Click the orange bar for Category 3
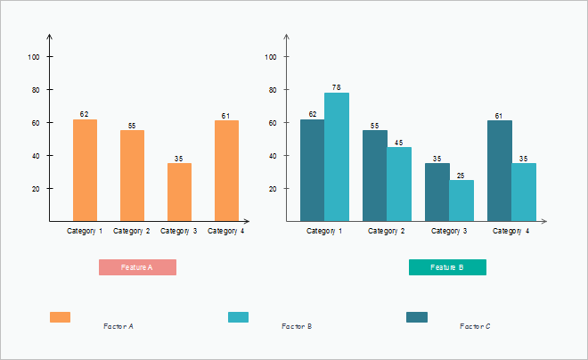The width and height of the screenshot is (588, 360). (179, 192)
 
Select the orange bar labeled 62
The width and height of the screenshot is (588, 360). (85, 170)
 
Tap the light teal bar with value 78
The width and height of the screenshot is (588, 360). (337, 157)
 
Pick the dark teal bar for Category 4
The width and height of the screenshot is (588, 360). (499, 170)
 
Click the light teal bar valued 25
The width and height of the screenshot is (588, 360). (461, 200)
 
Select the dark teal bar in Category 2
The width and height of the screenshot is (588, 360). (374, 176)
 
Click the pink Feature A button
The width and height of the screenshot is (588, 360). (137, 267)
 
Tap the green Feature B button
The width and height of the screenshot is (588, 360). (447, 267)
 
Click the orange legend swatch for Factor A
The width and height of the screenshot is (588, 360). (60, 317)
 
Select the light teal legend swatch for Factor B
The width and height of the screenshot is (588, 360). (238, 317)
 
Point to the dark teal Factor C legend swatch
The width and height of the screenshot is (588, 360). (416, 317)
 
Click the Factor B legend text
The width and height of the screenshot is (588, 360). (296, 327)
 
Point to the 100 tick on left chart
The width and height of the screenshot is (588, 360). (35, 57)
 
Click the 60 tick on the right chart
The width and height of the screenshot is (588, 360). (272, 123)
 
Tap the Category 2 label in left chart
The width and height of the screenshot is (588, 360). (132, 232)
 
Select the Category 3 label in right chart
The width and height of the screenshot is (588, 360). (449, 232)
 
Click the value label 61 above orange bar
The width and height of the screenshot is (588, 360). (226, 115)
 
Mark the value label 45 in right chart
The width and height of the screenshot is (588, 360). (399, 143)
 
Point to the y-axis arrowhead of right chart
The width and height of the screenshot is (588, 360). (288, 38)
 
